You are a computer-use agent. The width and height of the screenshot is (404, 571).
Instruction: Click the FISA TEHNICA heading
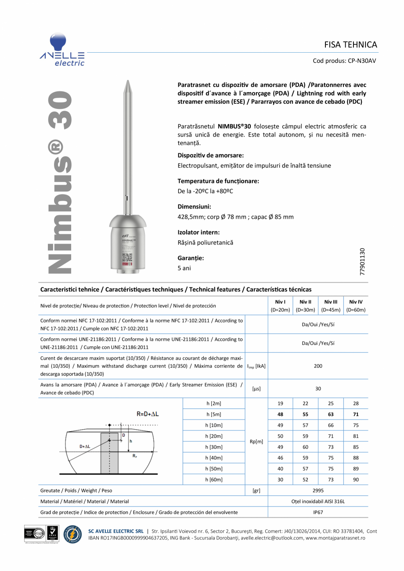tap(350, 45)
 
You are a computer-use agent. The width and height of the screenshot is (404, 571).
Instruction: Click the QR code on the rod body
tap(127, 257)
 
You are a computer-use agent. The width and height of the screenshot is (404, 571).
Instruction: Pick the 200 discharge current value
tap(318, 366)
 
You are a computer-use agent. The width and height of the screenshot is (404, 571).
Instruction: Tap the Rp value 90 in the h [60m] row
tap(356, 480)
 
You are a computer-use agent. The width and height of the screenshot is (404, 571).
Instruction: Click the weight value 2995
tap(318, 490)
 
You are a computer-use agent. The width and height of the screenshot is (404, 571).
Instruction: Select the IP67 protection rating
tap(318, 512)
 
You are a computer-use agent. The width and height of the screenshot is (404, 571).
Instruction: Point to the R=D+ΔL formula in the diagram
tap(148, 414)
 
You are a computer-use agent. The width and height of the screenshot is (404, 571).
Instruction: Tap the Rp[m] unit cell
tap(256, 442)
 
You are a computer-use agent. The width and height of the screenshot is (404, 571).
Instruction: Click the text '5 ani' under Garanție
tap(184, 268)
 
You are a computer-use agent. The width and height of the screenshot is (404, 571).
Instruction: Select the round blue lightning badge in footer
tap(72, 535)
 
